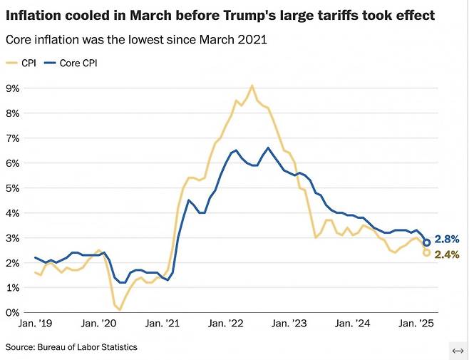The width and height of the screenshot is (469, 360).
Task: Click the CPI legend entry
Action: click(24, 63)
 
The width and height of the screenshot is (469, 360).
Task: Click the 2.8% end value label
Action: click(447, 240)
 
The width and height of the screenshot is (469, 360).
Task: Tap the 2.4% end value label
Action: click(447, 254)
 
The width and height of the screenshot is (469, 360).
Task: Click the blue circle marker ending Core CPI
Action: click(427, 242)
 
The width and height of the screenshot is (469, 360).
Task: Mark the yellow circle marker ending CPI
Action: click(427, 252)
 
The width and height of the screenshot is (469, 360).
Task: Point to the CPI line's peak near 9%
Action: click(252, 86)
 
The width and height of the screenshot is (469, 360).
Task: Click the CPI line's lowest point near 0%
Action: click(120, 309)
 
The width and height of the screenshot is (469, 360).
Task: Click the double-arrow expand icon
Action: click(458, 350)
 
